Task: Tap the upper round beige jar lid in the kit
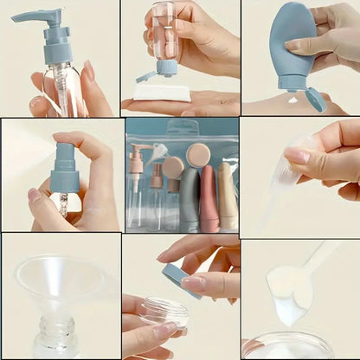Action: coord(198,153)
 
